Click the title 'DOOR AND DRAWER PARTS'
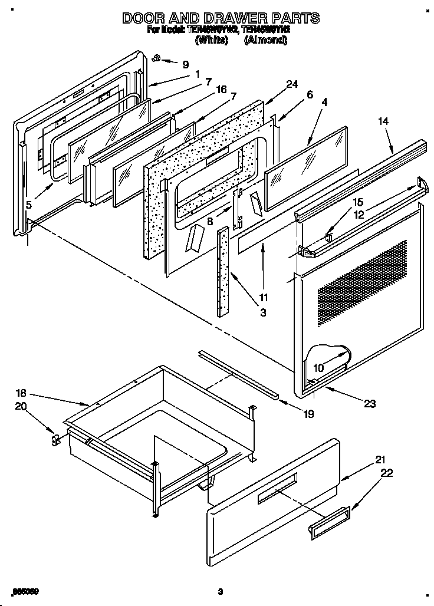221,18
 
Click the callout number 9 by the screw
186,64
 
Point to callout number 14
384,121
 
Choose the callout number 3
262,313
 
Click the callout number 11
262,298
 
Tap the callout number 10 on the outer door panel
318,368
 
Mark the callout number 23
370,404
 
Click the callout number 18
21,393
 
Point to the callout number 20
21,406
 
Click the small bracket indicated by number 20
57,439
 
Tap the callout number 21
380,460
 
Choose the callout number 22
386,473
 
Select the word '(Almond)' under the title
265,41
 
